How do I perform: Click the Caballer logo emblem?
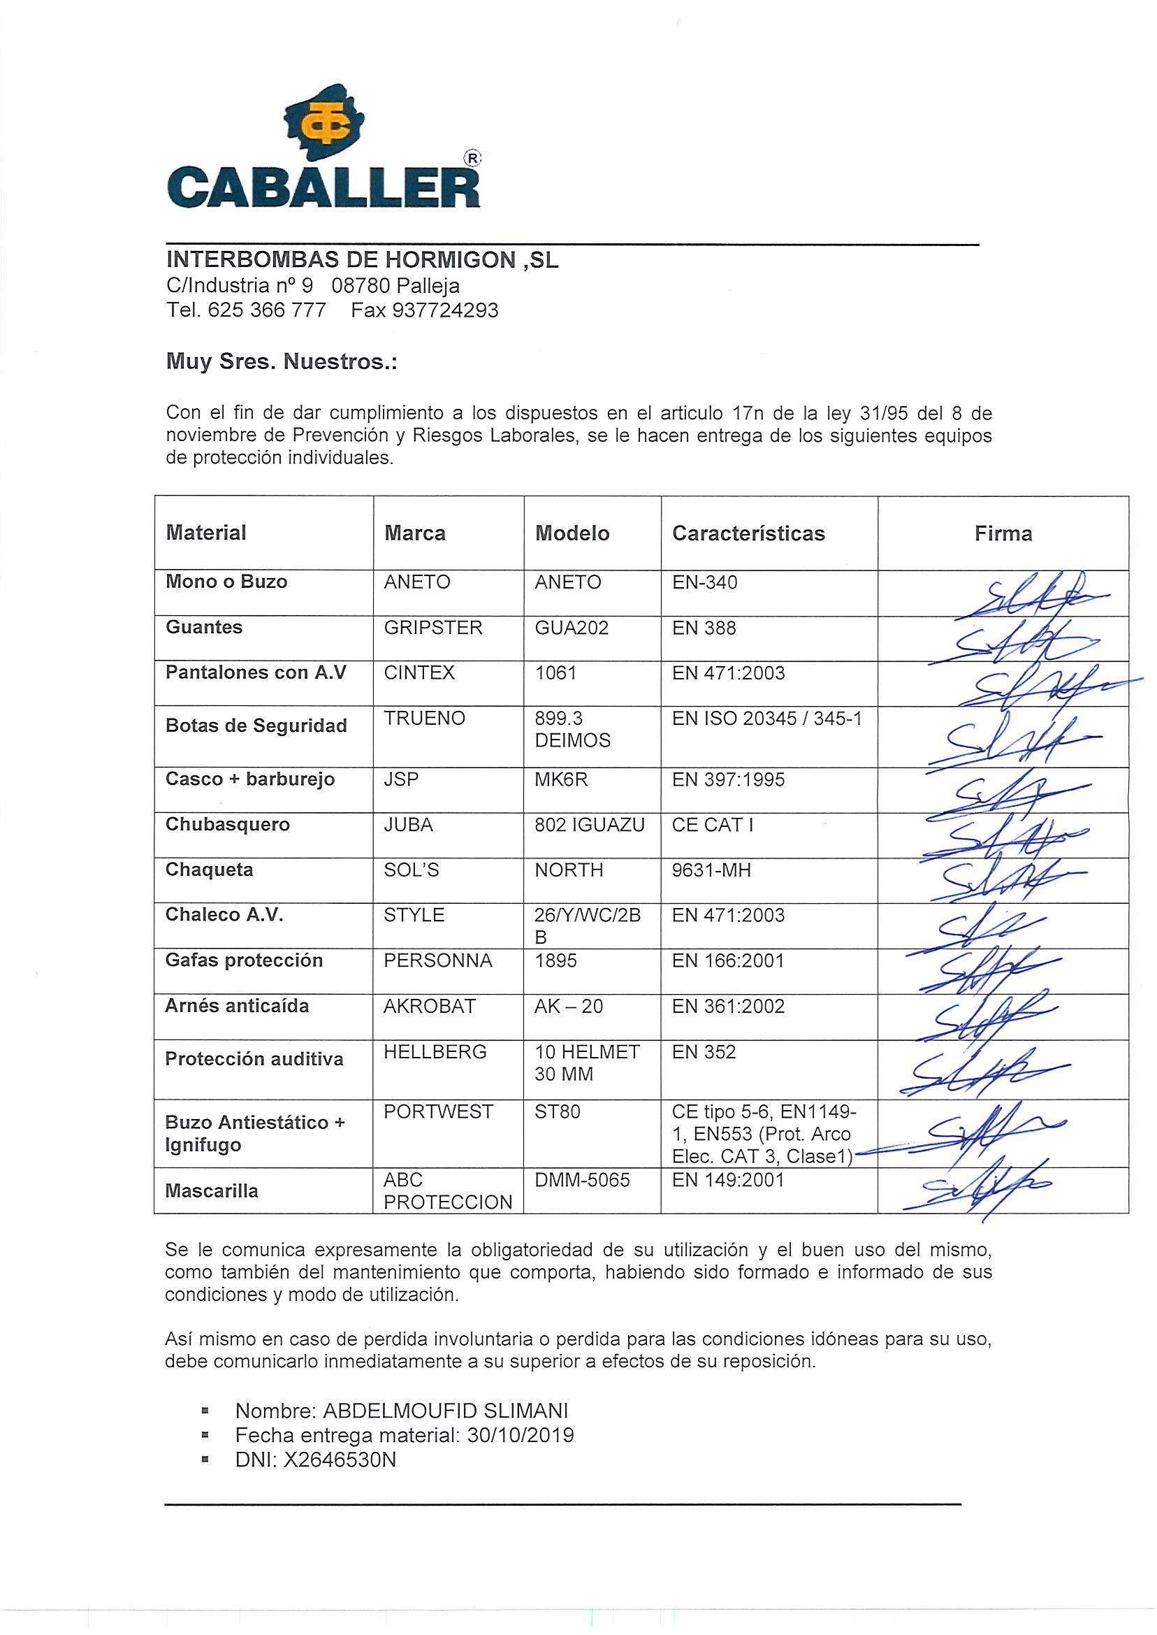(x=324, y=126)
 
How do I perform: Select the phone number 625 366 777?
(x=267, y=311)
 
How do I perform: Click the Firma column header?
(x=1003, y=534)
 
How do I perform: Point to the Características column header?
(x=748, y=534)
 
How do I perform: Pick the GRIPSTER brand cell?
(x=432, y=628)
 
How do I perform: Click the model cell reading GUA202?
(x=572, y=628)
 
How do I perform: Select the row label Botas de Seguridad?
(x=256, y=726)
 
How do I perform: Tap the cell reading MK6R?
(x=562, y=779)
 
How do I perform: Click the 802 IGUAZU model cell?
(x=589, y=826)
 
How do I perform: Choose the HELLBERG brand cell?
(x=435, y=1052)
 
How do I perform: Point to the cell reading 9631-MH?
(x=711, y=870)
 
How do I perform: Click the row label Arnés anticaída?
(x=237, y=1007)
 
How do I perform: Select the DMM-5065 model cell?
(x=582, y=1180)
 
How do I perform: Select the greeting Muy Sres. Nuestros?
(x=282, y=362)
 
